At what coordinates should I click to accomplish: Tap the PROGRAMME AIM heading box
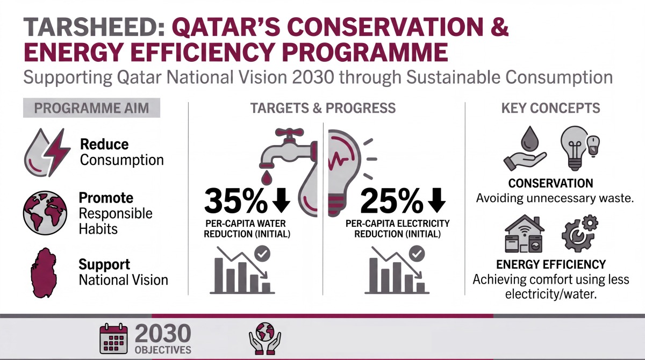tap(91, 108)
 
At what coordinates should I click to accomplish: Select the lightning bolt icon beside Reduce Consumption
tap(57, 153)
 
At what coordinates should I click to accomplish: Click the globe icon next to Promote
tap(45, 213)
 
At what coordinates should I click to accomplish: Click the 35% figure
tap(236, 200)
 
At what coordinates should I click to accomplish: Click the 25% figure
tap(392, 200)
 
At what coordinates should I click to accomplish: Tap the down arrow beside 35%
tap(281, 200)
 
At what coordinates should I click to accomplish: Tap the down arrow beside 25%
tap(437, 200)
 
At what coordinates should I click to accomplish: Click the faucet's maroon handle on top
tap(289, 133)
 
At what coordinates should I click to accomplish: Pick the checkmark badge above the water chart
tap(262, 254)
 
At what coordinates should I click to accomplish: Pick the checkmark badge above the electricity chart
tap(417, 254)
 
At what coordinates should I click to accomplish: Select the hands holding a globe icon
tap(265, 339)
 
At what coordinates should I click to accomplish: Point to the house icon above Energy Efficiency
tap(525, 234)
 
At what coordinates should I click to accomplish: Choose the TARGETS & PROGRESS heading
tap(323, 108)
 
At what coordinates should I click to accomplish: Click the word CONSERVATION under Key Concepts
tap(550, 183)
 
